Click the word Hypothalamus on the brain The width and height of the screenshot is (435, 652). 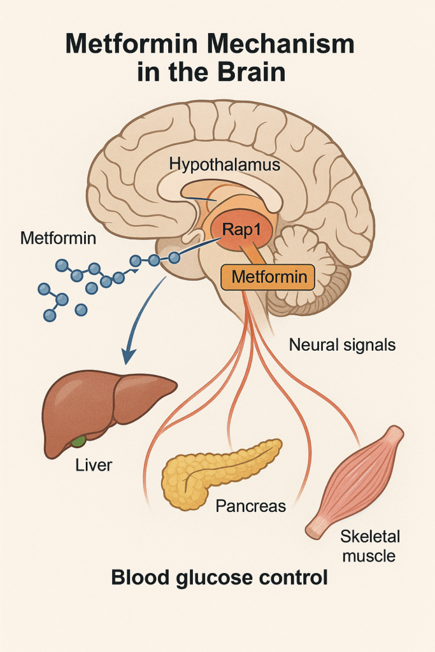tap(225, 164)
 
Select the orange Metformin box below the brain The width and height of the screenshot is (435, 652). tap(267, 278)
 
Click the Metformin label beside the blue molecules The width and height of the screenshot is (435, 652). tap(59, 239)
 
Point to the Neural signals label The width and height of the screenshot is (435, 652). tap(342, 345)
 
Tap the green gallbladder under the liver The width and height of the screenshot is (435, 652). tap(79, 441)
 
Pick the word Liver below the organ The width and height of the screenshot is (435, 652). tap(94, 465)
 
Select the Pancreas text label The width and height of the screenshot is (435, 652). tap(250, 507)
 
